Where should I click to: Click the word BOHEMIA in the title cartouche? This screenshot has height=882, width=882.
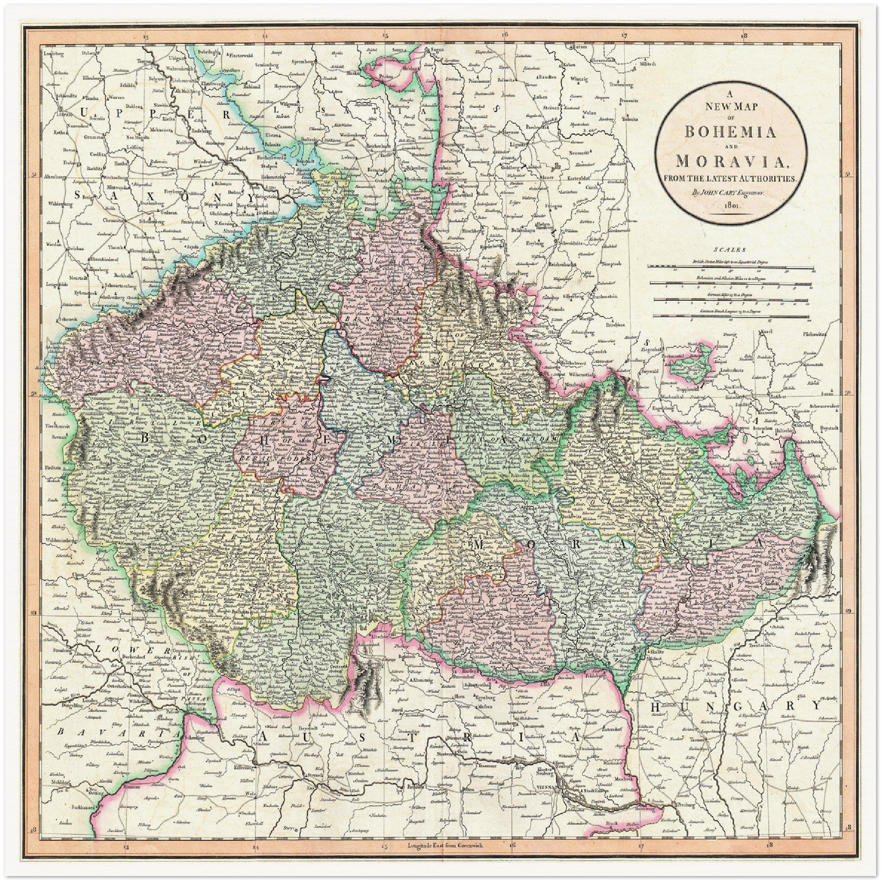[731, 131]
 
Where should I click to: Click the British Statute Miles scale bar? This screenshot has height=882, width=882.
[731, 267]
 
